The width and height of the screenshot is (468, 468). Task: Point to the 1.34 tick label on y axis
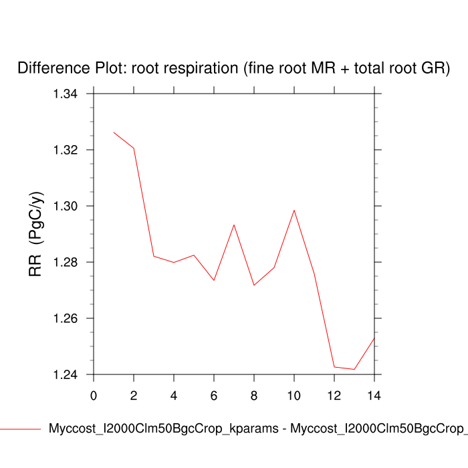pyautogui.click(x=66, y=94)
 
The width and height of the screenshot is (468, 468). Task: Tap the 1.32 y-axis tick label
pyautogui.click(x=66, y=150)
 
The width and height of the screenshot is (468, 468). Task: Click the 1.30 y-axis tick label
pyautogui.click(x=66, y=206)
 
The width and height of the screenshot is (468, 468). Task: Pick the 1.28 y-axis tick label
pyautogui.click(x=66, y=262)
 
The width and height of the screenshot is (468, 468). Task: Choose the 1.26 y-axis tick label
pyautogui.click(x=66, y=318)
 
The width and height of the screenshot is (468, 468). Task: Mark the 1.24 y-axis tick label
pyautogui.click(x=66, y=374)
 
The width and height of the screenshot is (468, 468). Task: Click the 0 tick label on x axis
pyautogui.click(x=94, y=395)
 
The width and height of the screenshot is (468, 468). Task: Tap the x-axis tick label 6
pyautogui.click(x=214, y=395)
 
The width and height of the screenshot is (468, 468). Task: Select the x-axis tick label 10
pyautogui.click(x=294, y=395)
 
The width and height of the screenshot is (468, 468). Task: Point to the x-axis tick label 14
pyautogui.click(x=374, y=395)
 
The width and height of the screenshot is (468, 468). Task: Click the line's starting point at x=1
pyautogui.click(x=114, y=132)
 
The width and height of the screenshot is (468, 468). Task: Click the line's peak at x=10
pyautogui.click(x=294, y=210)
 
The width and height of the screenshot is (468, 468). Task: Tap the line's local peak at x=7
pyautogui.click(x=234, y=225)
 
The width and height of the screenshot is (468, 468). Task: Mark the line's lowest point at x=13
pyautogui.click(x=354, y=369)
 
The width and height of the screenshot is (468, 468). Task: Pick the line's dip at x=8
pyautogui.click(x=254, y=285)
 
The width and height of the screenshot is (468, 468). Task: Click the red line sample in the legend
pyautogui.click(x=20, y=429)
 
